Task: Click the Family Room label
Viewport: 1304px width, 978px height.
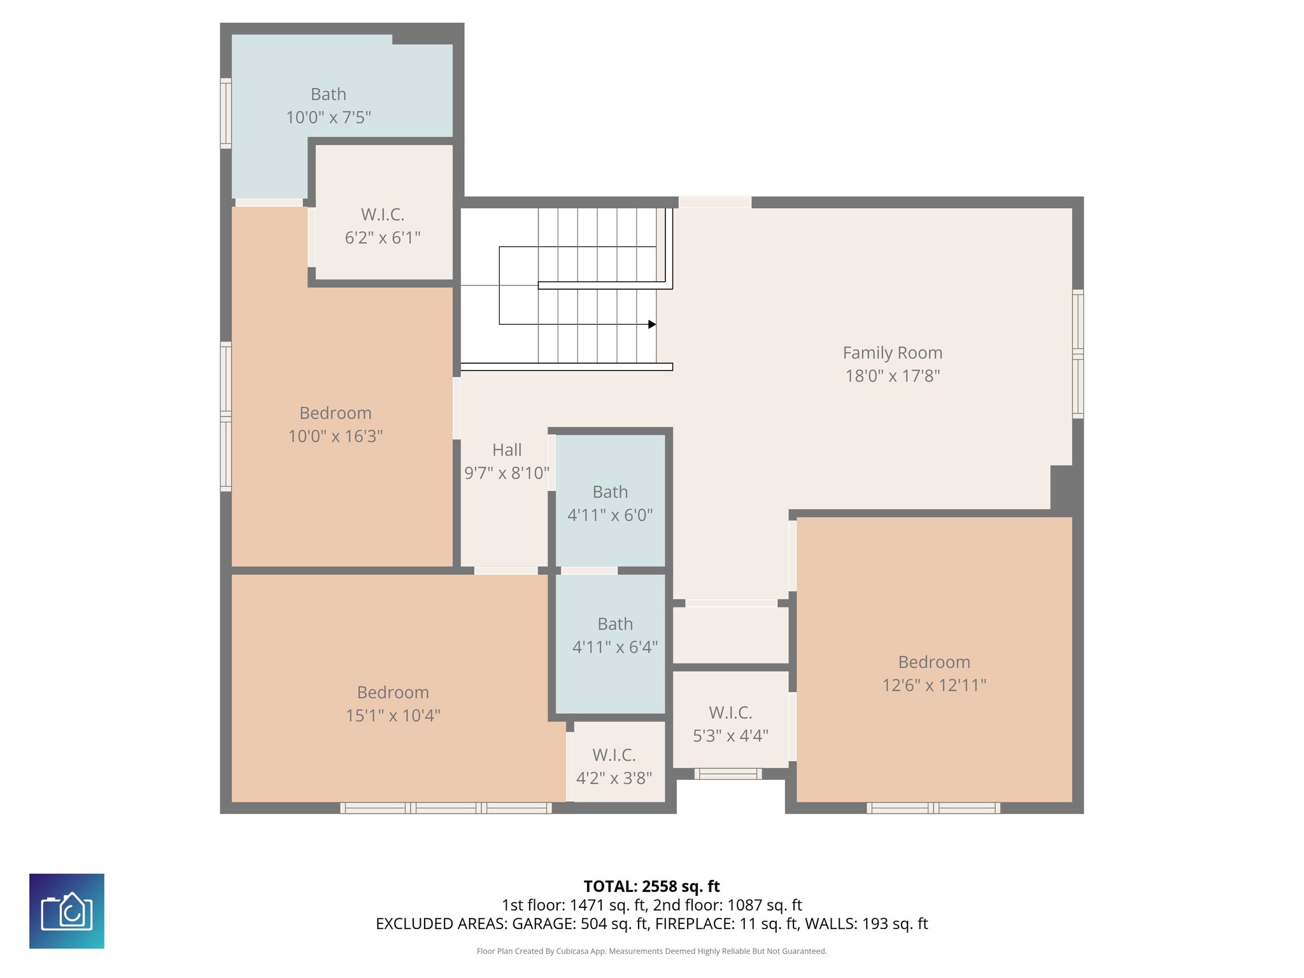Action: click(x=892, y=353)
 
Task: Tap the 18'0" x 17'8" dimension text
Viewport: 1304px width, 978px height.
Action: click(x=892, y=376)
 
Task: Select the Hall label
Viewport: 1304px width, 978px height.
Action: click(x=507, y=450)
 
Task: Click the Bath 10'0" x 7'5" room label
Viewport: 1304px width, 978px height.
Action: click(x=329, y=94)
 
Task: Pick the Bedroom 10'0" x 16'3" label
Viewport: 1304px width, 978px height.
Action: click(x=336, y=413)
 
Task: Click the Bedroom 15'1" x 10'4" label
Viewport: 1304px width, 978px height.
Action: click(x=393, y=693)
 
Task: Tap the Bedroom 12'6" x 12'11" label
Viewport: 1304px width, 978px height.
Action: click(x=934, y=662)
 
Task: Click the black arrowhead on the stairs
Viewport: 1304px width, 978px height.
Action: click(x=652, y=325)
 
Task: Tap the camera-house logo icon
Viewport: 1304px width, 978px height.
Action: click(x=67, y=911)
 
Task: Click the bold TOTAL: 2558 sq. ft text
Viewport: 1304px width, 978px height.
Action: click(x=651, y=886)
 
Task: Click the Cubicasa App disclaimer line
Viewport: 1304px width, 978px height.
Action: click(x=651, y=951)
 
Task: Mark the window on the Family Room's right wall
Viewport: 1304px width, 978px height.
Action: click(x=1077, y=354)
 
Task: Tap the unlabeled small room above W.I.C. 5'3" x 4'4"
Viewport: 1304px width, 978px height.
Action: click(x=730, y=635)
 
